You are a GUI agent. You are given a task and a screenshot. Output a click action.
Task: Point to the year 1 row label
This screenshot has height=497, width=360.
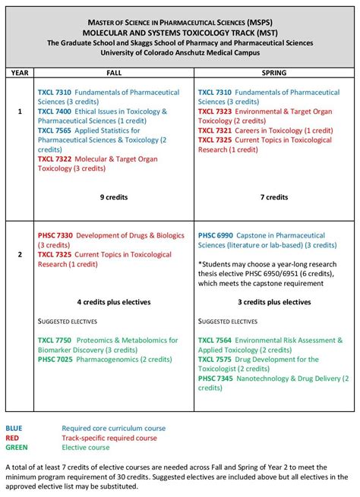20,111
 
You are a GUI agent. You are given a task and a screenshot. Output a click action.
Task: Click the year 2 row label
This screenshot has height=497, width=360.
20,255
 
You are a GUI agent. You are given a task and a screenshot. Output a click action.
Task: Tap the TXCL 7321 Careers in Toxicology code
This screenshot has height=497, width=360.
215,131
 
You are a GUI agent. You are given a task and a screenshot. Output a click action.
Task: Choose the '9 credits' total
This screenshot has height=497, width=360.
113,197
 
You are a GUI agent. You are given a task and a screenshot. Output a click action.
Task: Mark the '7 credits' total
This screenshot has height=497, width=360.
273,197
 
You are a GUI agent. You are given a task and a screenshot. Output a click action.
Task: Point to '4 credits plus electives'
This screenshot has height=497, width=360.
113,302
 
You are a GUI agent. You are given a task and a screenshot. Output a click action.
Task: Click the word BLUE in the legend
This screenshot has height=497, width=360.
14,428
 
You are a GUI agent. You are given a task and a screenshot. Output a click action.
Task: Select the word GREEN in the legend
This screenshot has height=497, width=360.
16,448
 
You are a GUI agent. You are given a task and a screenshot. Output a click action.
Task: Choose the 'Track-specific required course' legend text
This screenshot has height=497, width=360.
109,438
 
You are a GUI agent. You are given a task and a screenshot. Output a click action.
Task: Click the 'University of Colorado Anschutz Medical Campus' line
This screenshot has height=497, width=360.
180,53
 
